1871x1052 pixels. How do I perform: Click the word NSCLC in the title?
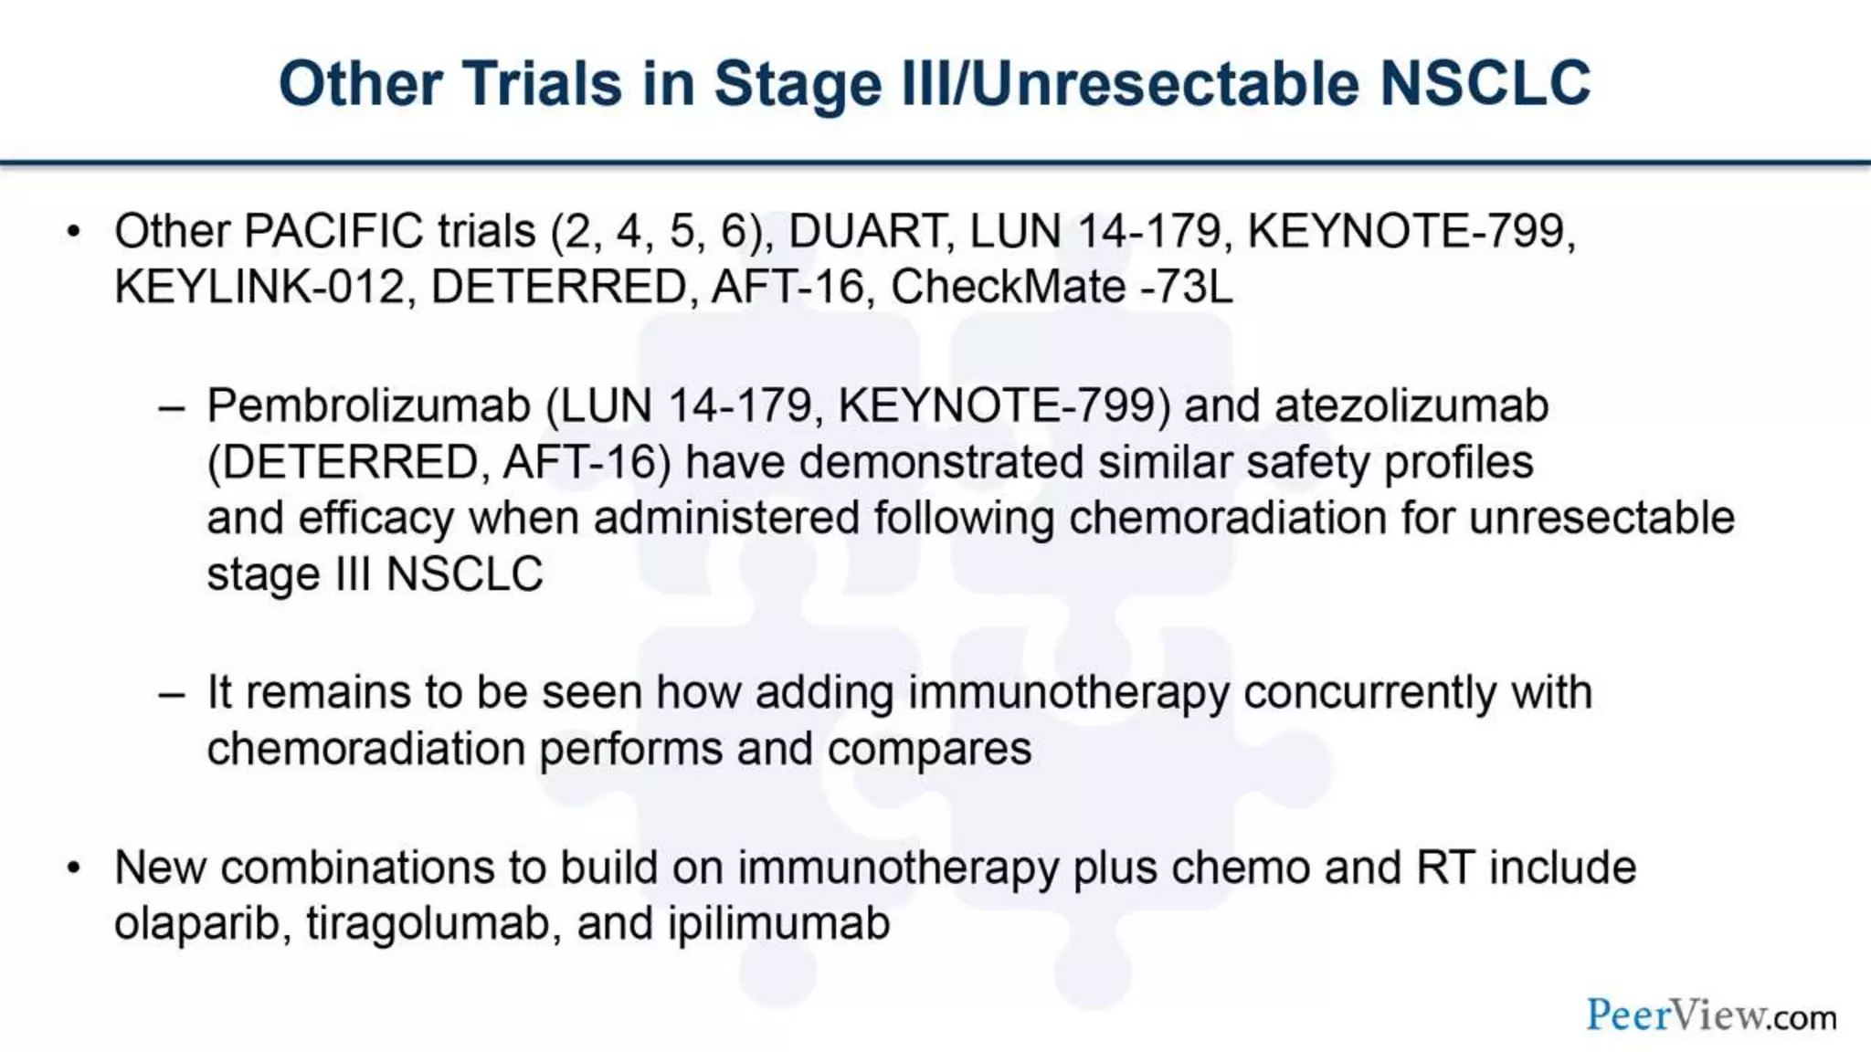(x=1485, y=84)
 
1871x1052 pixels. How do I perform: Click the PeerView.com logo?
(x=1710, y=1015)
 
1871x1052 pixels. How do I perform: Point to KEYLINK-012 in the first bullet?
(x=259, y=287)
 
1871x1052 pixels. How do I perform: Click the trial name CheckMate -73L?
(x=1061, y=287)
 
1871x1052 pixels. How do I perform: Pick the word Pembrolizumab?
(x=368, y=405)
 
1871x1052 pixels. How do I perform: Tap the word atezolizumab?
(x=1411, y=405)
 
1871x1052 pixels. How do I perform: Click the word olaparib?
(x=196, y=923)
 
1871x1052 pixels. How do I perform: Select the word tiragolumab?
(x=432, y=923)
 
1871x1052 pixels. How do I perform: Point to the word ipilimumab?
(x=778, y=923)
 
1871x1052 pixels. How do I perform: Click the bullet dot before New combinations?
(x=74, y=868)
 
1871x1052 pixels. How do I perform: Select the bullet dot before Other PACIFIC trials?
(x=74, y=231)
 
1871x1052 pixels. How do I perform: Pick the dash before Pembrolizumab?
(x=171, y=407)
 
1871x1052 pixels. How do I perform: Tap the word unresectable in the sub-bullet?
(x=1601, y=518)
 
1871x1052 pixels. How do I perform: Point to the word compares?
(x=929, y=750)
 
